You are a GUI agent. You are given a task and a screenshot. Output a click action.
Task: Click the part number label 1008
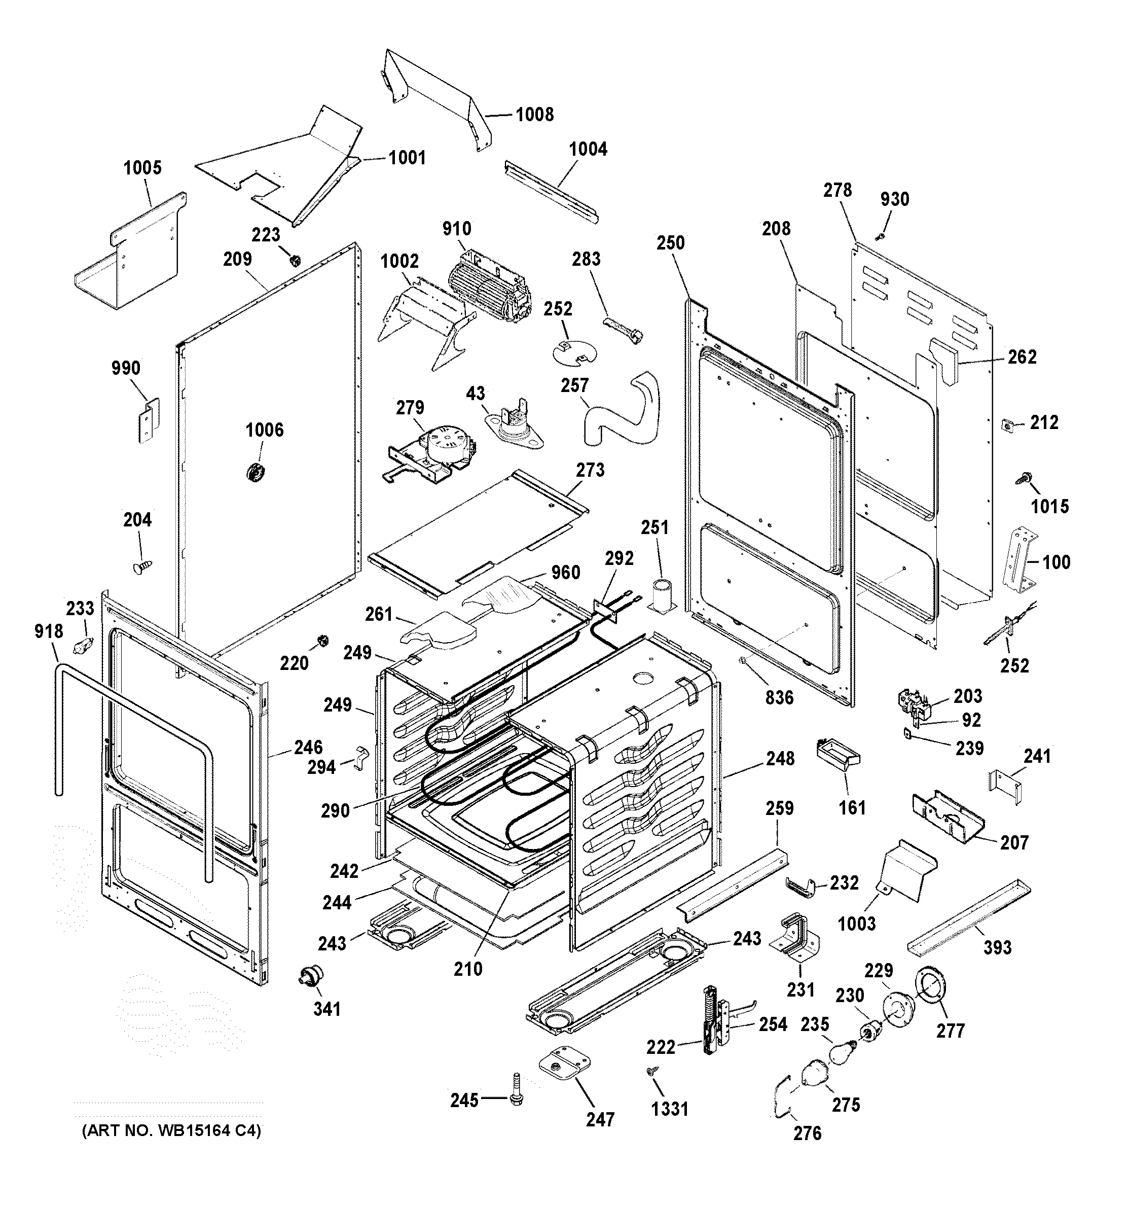click(534, 115)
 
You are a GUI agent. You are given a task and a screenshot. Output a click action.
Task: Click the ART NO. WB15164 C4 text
click(171, 1131)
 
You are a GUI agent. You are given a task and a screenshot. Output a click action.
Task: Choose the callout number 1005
click(142, 168)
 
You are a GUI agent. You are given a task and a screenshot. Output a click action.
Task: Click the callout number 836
click(779, 698)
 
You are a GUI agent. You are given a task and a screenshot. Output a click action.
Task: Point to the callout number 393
click(997, 947)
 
